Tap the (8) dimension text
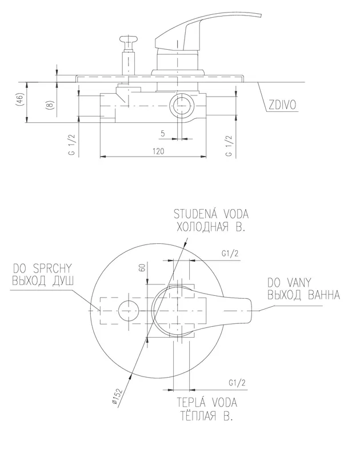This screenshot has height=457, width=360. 50,105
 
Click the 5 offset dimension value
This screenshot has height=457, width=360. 163,133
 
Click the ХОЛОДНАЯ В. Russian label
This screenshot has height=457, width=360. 210,227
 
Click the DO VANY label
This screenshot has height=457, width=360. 289,282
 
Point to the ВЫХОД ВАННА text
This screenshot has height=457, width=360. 303,295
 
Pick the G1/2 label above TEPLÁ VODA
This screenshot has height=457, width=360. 236,382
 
